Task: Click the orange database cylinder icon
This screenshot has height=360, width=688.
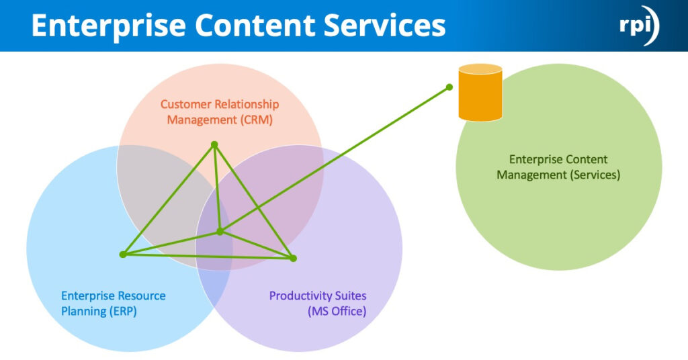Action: coord(480,94)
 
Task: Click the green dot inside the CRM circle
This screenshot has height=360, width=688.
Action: coord(214,144)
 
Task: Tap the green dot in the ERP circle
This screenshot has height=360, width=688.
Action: coord(122,255)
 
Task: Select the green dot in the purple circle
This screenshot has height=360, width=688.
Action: coord(293,258)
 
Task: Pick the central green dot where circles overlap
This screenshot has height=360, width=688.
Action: coord(220,232)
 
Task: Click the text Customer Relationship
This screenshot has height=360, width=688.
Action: coord(220,105)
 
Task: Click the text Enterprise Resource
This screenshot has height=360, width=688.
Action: coord(113,296)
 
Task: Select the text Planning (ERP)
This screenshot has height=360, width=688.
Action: coord(99,312)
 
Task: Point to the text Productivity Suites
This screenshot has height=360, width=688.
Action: coord(318,296)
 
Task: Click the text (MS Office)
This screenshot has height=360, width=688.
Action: coord(337,312)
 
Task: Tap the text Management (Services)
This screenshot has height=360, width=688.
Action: coord(558,175)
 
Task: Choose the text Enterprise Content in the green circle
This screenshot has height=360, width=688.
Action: coord(558,159)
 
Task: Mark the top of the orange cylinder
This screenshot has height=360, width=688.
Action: coord(480,69)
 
